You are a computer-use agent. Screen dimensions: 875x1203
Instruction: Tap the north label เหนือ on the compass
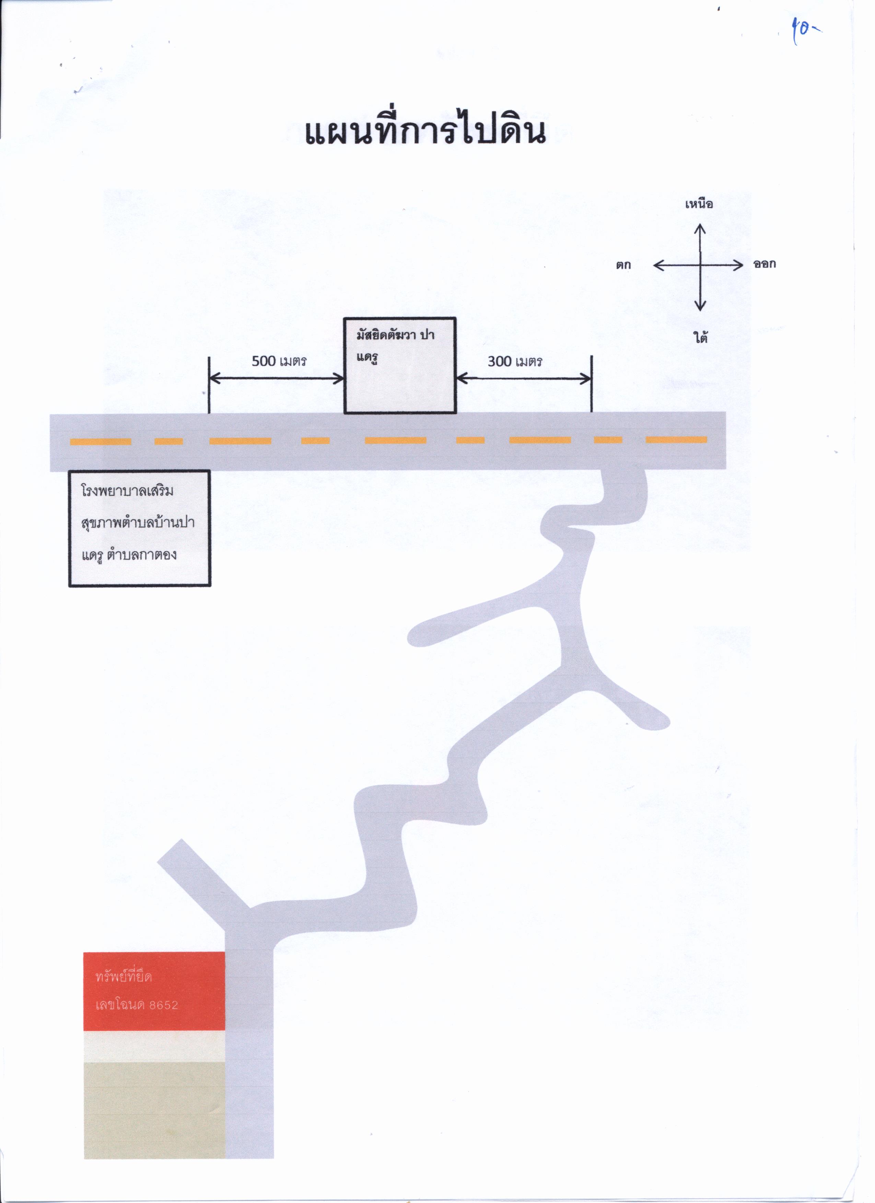point(699,204)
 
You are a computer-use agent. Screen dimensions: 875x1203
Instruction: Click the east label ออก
point(765,264)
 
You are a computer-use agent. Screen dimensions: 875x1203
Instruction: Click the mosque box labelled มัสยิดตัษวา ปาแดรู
point(399,365)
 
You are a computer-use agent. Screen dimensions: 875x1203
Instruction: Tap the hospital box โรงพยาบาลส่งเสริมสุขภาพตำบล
point(140,528)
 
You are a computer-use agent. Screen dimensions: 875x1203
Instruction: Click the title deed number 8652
point(163,1005)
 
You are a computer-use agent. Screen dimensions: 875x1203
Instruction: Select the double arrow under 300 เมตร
point(524,379)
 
